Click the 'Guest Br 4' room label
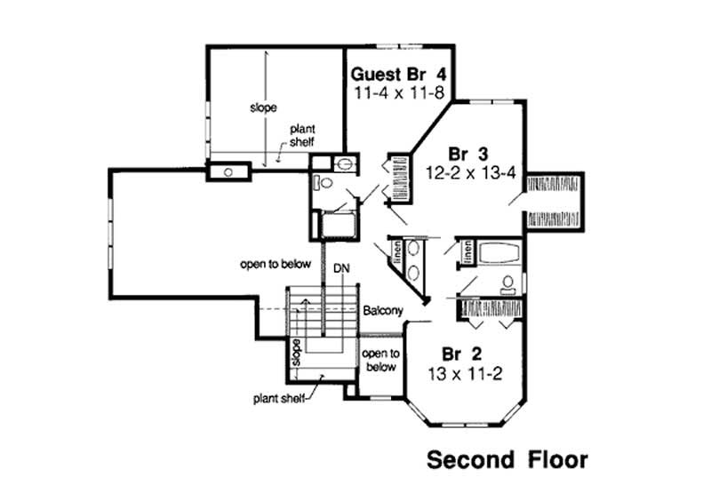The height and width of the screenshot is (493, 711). pyautogui.click(x=396, y=74)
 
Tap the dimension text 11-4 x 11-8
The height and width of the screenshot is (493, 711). pyautogui.click(x=396, y=91)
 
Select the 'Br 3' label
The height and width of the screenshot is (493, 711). pyautogui.click(x=467, y=150)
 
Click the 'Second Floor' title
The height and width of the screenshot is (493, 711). pyautogui.click(x=507, y=460)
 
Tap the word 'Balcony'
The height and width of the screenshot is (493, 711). pyautogui.click(x=383, y=311)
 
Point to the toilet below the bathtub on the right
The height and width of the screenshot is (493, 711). pyautogui.click(x=508, y=285)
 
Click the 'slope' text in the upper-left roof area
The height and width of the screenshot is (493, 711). pyautogui.click(x=263, y=107)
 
